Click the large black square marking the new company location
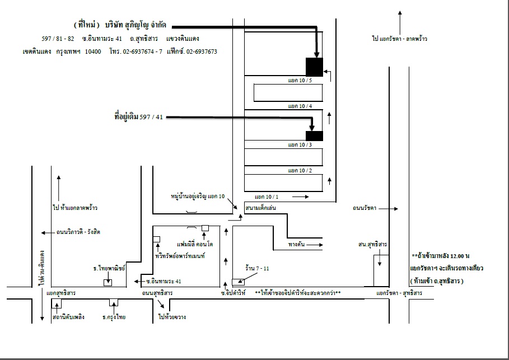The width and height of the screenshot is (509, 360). click(x=315, y=67)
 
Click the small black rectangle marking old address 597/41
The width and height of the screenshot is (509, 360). click(x=315, y=136)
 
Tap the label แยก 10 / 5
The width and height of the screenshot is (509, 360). click(x=300, y=80)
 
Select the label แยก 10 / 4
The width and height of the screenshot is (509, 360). click(x=300, y=106)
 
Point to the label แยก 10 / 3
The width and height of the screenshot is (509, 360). click(x=300, y=145)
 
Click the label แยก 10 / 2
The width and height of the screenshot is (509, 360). click(x=300, y=170)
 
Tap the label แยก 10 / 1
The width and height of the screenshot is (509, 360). click(x=267, y=197)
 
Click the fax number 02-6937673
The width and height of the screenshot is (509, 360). click(x=202, y=52)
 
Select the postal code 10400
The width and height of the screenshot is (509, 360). click(x=93, y=52)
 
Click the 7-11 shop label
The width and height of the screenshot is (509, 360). click(x=257, y=268)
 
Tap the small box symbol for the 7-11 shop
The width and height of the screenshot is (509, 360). click(x=239, y=282)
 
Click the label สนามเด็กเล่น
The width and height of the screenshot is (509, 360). click(x=261, y=208)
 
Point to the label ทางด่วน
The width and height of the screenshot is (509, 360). click(x=296, y=244)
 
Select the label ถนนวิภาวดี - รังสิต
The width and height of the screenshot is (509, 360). click(x=78, y=232)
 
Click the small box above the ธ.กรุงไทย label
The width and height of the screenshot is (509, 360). click(x=114, y=302)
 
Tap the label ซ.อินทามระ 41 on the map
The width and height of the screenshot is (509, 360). click(x=164, y=281)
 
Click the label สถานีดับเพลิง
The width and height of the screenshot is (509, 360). click(x=68, y=317)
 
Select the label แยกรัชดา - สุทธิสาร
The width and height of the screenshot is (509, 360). click(x=399, y=293)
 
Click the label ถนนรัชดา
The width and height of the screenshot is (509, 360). click(x=364, y=208)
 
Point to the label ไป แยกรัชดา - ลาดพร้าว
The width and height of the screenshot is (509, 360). click(x=399, y=39)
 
